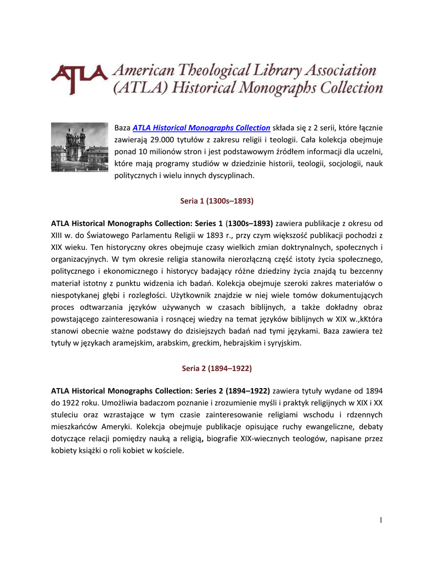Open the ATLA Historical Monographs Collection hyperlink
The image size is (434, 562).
pos(201,127)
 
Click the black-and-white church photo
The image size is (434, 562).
pos(80,147)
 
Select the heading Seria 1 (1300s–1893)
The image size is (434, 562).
pos(217,201)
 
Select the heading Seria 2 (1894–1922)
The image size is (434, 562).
pos(217,368)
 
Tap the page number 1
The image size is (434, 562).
pos(380,520)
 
